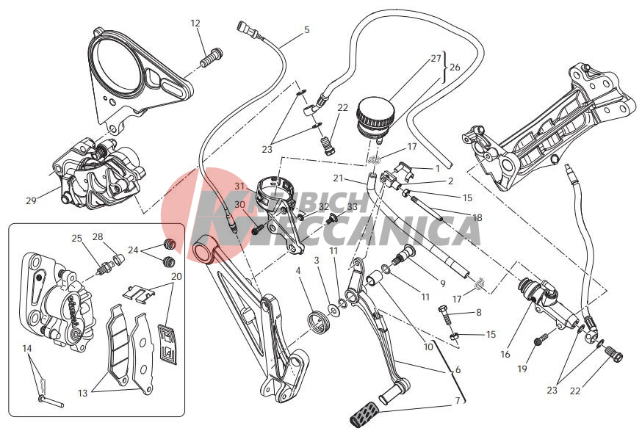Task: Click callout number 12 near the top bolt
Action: pos(195,23)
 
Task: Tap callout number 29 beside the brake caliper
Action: pos(31,200)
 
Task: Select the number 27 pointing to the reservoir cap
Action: pos(436,58)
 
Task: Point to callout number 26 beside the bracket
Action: pos(455,67)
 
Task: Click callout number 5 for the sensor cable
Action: pos(306,29)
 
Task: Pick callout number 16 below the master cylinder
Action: pos(505,354)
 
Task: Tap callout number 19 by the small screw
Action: pos(522,369)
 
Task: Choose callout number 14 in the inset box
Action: pos(27,348)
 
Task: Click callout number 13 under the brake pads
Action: pos(83,393)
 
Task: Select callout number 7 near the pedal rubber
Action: pos(458,401)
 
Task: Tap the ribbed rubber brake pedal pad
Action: pos(363,414)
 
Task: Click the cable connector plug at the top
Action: pos(245,29)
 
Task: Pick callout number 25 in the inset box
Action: pos(77,238)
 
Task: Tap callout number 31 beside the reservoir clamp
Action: pos(240,186)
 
